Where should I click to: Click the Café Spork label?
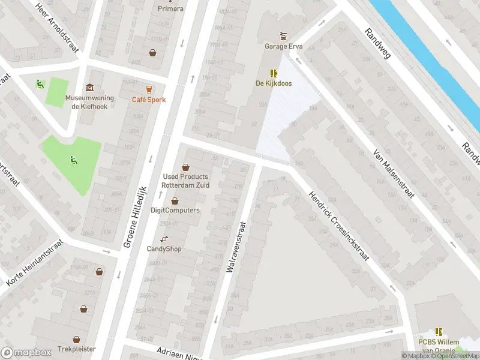coord(149,100)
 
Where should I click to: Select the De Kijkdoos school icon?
coord(274,73)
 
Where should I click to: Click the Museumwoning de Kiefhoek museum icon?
coord(90,88)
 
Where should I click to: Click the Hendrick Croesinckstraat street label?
coord(338,225)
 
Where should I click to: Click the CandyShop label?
coord(164,248)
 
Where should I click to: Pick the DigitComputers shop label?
coord(175,211)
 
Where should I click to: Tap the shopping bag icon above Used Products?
coord(185,167)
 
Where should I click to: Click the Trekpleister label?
coord(77,349)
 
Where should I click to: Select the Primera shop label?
coord(171,8)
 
